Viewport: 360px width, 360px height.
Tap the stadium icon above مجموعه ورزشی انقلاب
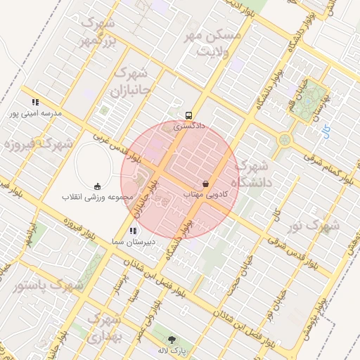tap(98, 186)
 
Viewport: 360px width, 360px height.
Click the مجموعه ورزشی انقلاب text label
tap(98, 196)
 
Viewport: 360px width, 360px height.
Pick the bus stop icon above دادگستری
tap(188, 115)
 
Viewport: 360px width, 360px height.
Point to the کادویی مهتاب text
tap(205, 193)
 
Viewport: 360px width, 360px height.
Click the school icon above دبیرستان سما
tap(131, 231)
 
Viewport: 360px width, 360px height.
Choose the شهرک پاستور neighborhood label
tap(49, 286)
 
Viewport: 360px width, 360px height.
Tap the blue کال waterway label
tap(326, 131)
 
